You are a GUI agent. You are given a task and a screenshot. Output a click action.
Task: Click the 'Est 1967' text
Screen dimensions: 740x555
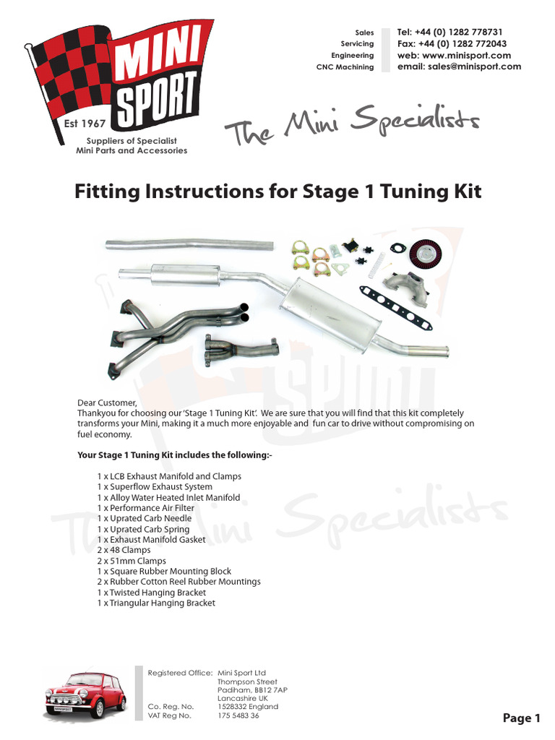point(81,124)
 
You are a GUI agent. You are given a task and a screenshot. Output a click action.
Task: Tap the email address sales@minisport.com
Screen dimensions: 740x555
point(459,66)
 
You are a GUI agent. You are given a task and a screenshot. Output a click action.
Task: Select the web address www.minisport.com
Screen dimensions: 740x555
point(454,55)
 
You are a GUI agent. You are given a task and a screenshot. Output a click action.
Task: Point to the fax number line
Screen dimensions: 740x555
point(452,43)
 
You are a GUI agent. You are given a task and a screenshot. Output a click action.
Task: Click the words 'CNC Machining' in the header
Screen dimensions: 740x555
point(345,67)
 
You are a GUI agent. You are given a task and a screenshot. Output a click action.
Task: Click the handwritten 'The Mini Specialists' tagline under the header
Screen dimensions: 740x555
point(352,127)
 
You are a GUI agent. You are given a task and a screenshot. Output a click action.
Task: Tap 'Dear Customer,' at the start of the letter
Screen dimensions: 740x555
point(106,403)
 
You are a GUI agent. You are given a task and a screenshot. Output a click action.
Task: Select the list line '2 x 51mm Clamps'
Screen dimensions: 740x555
point(132,561)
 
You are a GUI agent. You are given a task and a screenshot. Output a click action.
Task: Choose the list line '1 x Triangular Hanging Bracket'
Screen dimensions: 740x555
point(156,603)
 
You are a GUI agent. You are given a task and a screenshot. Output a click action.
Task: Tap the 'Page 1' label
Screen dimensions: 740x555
point(522,718)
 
